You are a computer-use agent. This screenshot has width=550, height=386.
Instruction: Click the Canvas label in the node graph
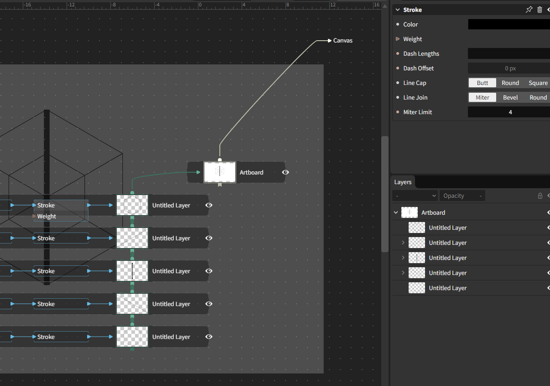(342, 41)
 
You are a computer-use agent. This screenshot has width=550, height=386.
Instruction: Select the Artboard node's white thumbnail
(220, 172)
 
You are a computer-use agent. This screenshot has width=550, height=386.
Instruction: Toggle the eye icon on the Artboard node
(285, 172)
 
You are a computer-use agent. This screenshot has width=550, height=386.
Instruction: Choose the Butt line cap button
(482, 83)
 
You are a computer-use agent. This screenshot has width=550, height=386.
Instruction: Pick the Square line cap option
(538, 83)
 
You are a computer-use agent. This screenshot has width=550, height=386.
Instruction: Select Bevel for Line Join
(510, 97)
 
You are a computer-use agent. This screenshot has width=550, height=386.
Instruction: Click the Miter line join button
(482, 97)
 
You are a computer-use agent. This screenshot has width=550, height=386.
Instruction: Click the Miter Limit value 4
(510, 112)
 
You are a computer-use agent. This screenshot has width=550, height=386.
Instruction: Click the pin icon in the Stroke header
(529, 10)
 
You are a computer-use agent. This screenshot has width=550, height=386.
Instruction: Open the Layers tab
(403, 182)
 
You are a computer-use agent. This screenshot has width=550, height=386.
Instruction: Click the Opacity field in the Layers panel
(462, 196)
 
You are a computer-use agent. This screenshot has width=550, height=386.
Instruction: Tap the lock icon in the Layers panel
(540, 196)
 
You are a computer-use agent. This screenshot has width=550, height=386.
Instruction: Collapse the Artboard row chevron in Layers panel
(396, 212)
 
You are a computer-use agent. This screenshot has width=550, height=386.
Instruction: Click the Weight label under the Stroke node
(47, 216)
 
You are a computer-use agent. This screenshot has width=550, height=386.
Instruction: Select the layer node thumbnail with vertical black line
(132, 271)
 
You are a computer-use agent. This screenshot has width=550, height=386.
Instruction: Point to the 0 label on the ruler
(200, 5)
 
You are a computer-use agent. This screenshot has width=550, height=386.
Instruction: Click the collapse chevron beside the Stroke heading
(398, 10)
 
